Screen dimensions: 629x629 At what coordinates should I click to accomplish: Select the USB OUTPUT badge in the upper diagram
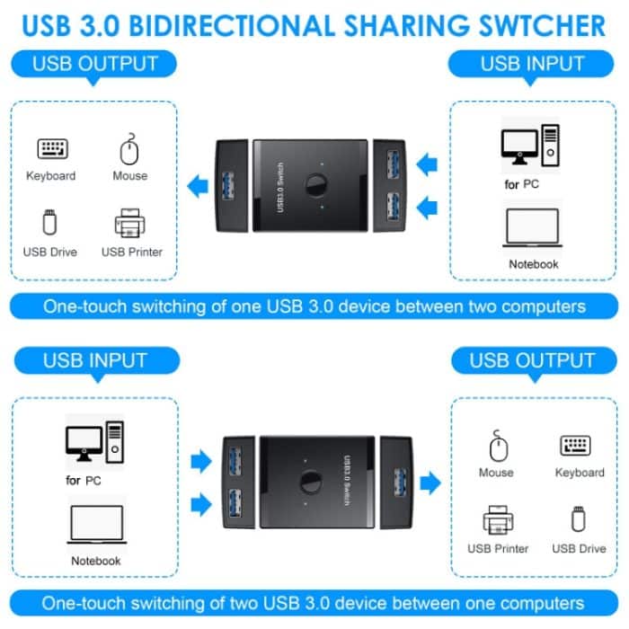point(94,64)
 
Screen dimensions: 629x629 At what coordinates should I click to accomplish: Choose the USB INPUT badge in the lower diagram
point(94,360)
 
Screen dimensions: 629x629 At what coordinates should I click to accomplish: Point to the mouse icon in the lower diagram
point(496,445)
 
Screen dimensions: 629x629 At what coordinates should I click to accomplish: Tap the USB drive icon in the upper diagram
point(49,222)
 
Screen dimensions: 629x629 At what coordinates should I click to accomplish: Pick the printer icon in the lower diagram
point(497,520)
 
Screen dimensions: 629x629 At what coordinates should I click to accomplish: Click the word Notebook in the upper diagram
point(534,264)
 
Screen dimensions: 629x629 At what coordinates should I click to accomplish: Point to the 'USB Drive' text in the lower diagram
point(579,548)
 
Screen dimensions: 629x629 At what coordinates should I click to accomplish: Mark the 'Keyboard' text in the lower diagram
point(580,473)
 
